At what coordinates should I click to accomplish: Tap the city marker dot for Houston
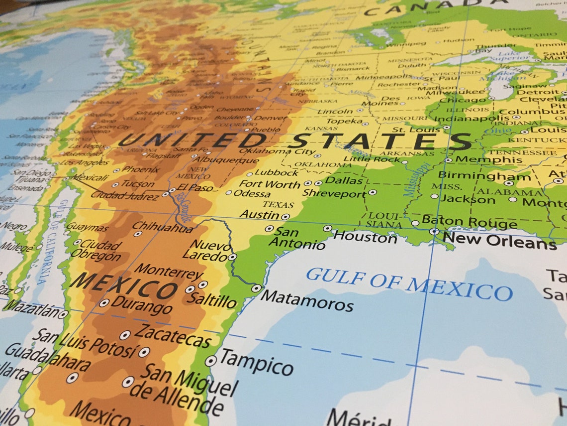tap(327, 228)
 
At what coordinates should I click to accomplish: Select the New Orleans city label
tap(499, 241)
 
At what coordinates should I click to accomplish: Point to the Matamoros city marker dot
tap(256, 288)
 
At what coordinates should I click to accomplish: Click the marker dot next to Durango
tap(104, 302)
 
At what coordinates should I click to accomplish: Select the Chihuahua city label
tap(163, 228)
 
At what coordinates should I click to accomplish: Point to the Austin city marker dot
tap(285, 217)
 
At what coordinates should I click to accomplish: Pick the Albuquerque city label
tap(226, 160)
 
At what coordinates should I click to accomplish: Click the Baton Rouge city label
tap(469, 222)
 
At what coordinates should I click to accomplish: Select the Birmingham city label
tap(484, 176)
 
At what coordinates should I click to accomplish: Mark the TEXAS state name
tap(278, 204)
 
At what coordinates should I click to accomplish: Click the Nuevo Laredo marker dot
tap(232, 257)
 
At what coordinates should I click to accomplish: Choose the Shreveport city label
tap(334, 193)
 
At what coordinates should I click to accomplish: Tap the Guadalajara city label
tap(47, 358)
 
